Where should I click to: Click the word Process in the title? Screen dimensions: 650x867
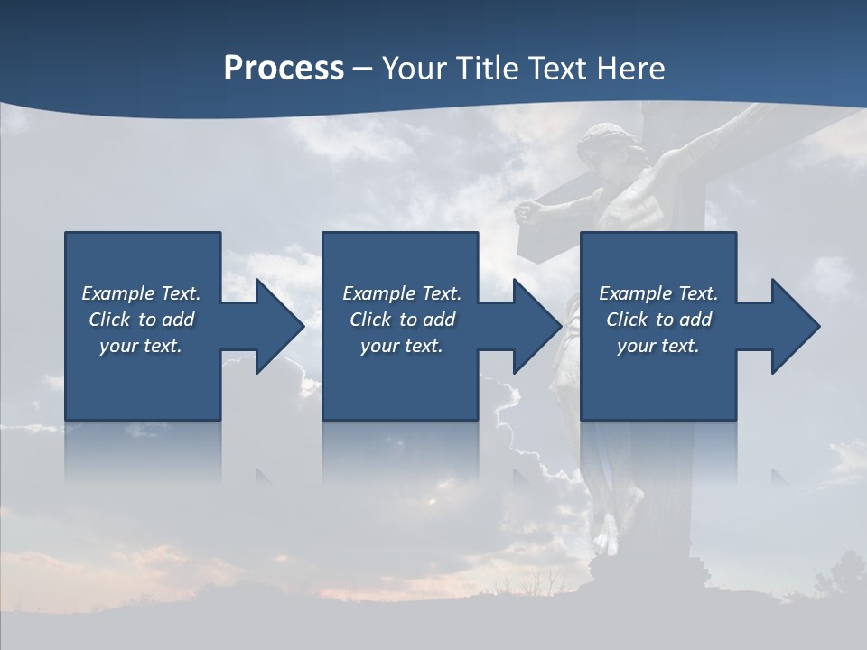[284, 69]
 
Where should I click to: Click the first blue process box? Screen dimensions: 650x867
[143, 379]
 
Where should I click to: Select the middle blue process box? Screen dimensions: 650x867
[400, 379]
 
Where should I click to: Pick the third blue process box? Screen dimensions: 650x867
[657, 379]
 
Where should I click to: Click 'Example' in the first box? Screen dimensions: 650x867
[118, 293]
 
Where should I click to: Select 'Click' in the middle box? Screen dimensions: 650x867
[369, 320]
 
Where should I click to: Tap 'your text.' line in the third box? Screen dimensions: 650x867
[657, 346]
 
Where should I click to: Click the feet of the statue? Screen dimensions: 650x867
[606, 533]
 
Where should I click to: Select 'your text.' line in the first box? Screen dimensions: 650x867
[141, 346]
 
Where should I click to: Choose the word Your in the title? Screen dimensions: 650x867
[414, 69]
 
